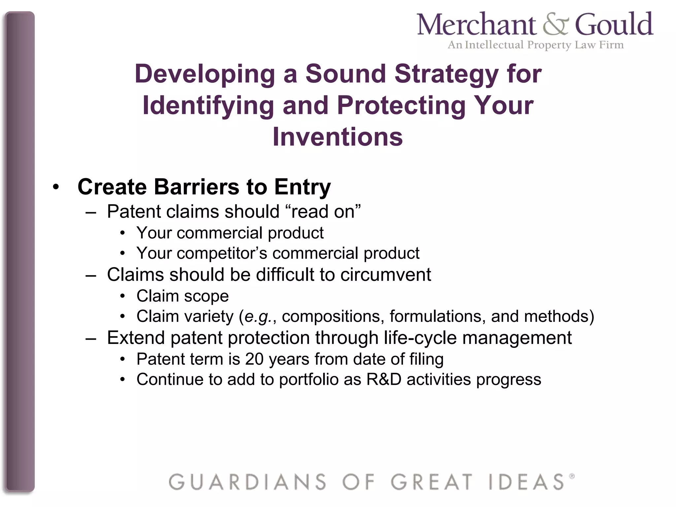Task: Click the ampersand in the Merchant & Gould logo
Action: [556, 25]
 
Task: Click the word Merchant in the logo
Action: [477, 25]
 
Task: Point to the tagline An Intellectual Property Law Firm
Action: [535, 45]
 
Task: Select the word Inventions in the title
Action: [338, 137]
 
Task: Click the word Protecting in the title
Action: [401, 106]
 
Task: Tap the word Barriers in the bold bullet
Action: [196, 187]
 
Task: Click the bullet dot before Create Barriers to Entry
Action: [56, 187]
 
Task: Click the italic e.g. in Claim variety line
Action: [258, 317]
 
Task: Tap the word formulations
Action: [438, 316]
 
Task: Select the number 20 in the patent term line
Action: [254, 359]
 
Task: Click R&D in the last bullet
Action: [384, 380]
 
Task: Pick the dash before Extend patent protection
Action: [90, 339]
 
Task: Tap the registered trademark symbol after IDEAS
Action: [572, 476]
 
